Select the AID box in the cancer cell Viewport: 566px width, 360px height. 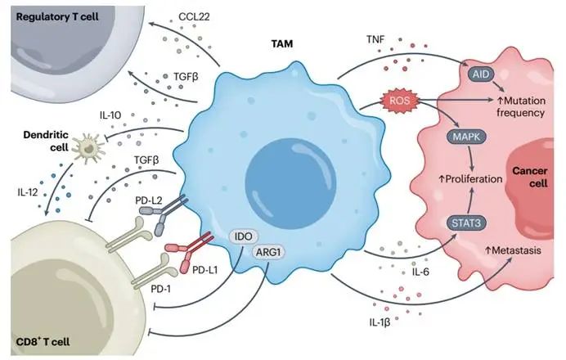click(480, 74)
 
